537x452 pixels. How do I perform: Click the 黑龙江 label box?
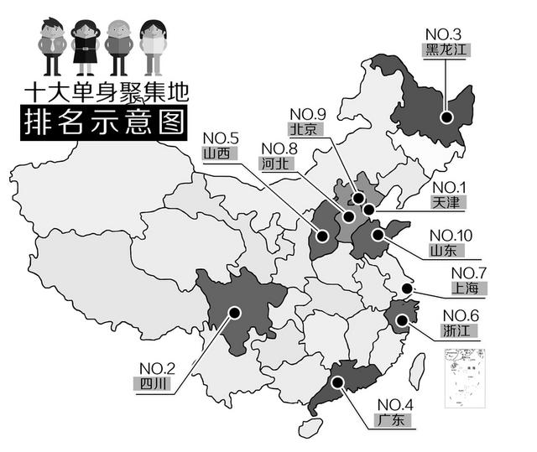point(444,48)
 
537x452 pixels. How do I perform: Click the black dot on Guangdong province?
point(337,382)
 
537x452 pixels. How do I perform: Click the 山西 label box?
point(221,153)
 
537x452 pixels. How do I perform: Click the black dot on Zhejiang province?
point(402,319)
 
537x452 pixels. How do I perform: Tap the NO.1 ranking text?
point(450,187)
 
